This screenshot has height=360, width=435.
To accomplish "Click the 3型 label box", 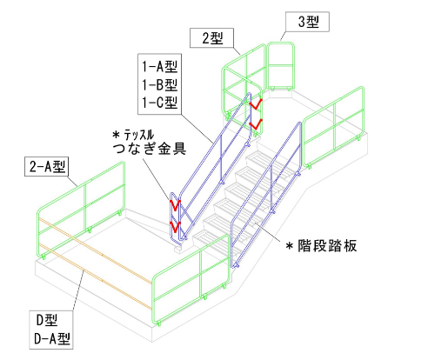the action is (x=307, y=22).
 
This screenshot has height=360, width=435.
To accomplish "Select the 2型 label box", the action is (x=212, y=37).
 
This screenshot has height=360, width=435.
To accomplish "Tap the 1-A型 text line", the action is (x=159, y=66).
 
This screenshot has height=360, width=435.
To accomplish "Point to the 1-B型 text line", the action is (x=159, y=84).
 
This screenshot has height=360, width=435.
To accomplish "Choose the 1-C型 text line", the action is (x=159, y=103).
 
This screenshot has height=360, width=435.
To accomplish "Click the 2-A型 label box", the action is (x=46, y=167).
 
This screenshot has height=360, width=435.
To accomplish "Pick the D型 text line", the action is (x=47, y=320).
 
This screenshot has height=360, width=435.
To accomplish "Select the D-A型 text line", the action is (x=52, y=338).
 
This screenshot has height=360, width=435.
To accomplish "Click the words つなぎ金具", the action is (x=150, y=149).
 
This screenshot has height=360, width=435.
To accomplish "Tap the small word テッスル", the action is (x=139, y=135).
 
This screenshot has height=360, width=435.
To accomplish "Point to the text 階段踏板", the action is (x=327, y=246).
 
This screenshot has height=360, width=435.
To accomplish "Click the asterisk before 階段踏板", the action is (x=289, y=246).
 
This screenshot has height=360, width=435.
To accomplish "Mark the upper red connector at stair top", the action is (x=256, y=104).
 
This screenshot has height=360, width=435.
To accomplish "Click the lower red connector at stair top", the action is (x=256, y=124).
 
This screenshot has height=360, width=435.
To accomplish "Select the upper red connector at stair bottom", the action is (x=175, y=205).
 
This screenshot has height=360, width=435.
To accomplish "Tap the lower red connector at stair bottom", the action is (x=175, y=227).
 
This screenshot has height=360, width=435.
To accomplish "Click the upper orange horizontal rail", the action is (x=96, y=250).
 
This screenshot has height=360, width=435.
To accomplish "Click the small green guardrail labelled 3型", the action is (x=281, y=66).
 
